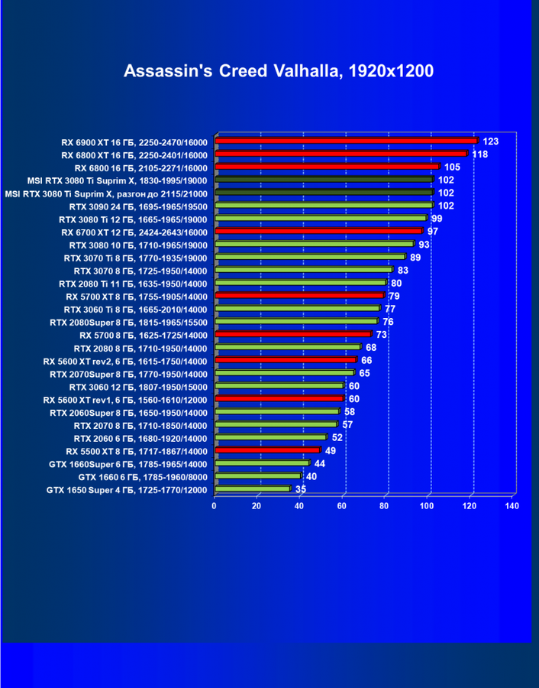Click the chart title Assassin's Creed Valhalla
click(279, 72)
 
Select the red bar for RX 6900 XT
click(346, 141)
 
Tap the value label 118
click(480, 154)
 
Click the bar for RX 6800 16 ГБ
click(327, 167)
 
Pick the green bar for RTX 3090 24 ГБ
click(324, 206)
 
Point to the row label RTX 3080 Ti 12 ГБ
click(133, 219)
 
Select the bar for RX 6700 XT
click(318, 231)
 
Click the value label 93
click(424, 245)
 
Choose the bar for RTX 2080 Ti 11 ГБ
click(300, 283)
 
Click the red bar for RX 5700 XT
click(299, 295)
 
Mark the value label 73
click(382, 335)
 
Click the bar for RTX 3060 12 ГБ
click(279, 386)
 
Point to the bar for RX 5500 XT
click(267, 450)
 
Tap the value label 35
click(301, 489)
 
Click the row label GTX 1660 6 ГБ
click(143, 476)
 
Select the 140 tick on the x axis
click(512, 506)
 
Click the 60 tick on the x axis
click(342, 506)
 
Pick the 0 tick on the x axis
click(215, 506)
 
